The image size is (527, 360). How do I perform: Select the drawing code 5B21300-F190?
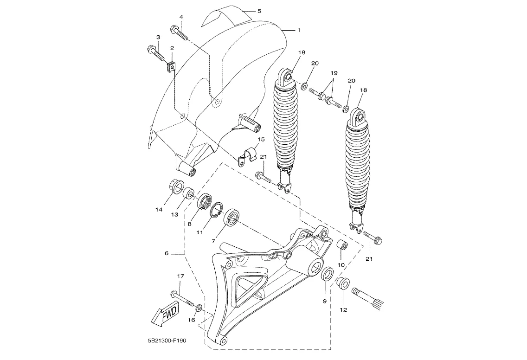click(x=167, y=341)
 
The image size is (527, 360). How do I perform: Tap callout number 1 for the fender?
click(x=298, y=30)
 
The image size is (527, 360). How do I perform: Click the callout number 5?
click(x=259, y=11)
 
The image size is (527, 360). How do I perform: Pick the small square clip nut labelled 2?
click(x=171, y=67)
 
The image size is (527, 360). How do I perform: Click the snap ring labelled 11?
click(x=217, y=212)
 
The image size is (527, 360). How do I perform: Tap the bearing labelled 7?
click(x=231, y=218)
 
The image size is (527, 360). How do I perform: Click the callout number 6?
click(x=167, y=253)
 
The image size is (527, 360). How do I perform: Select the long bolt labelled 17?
click(x=184, y=297)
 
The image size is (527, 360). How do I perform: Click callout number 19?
click(x=334, y=73)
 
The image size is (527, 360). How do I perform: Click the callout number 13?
click(x=174, y=214)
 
